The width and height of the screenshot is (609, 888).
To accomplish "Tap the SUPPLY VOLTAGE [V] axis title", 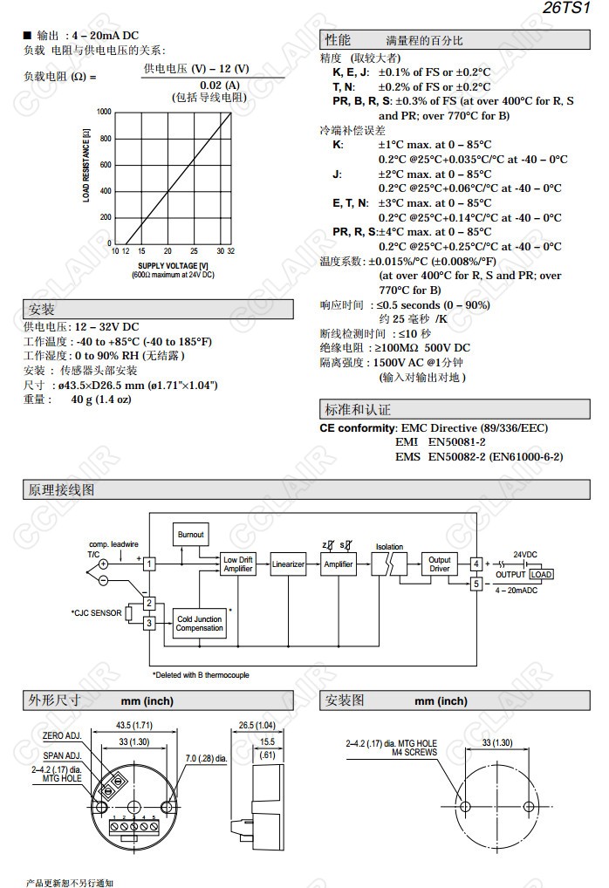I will click(172, 265).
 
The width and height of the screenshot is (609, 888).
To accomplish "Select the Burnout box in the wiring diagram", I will click(190, 534).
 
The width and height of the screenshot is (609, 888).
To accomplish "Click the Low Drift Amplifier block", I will click(237, 564).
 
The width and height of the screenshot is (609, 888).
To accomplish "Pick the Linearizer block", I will click(288, 564).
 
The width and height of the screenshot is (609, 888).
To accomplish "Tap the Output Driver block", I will click(439, 564).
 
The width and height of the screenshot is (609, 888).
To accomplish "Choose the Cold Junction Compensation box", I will click(199, 624).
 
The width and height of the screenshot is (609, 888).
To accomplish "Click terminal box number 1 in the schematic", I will click(149, 564).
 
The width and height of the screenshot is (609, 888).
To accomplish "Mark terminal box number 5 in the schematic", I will click(476, 584).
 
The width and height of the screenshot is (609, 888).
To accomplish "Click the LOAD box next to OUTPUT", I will click(541, 574).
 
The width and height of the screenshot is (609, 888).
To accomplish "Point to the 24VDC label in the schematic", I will click(526, 554).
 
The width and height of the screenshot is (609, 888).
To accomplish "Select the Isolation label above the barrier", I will click(389, 547).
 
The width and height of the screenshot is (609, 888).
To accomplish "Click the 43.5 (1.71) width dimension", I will click(135, 725).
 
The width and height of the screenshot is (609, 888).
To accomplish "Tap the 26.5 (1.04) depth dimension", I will click(257, 725).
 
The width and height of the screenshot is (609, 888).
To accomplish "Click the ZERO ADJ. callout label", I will click(62, 736).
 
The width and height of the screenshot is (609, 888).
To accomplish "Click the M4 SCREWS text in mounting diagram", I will click(414, 751).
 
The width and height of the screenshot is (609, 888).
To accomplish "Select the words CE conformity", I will click(358, 428).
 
